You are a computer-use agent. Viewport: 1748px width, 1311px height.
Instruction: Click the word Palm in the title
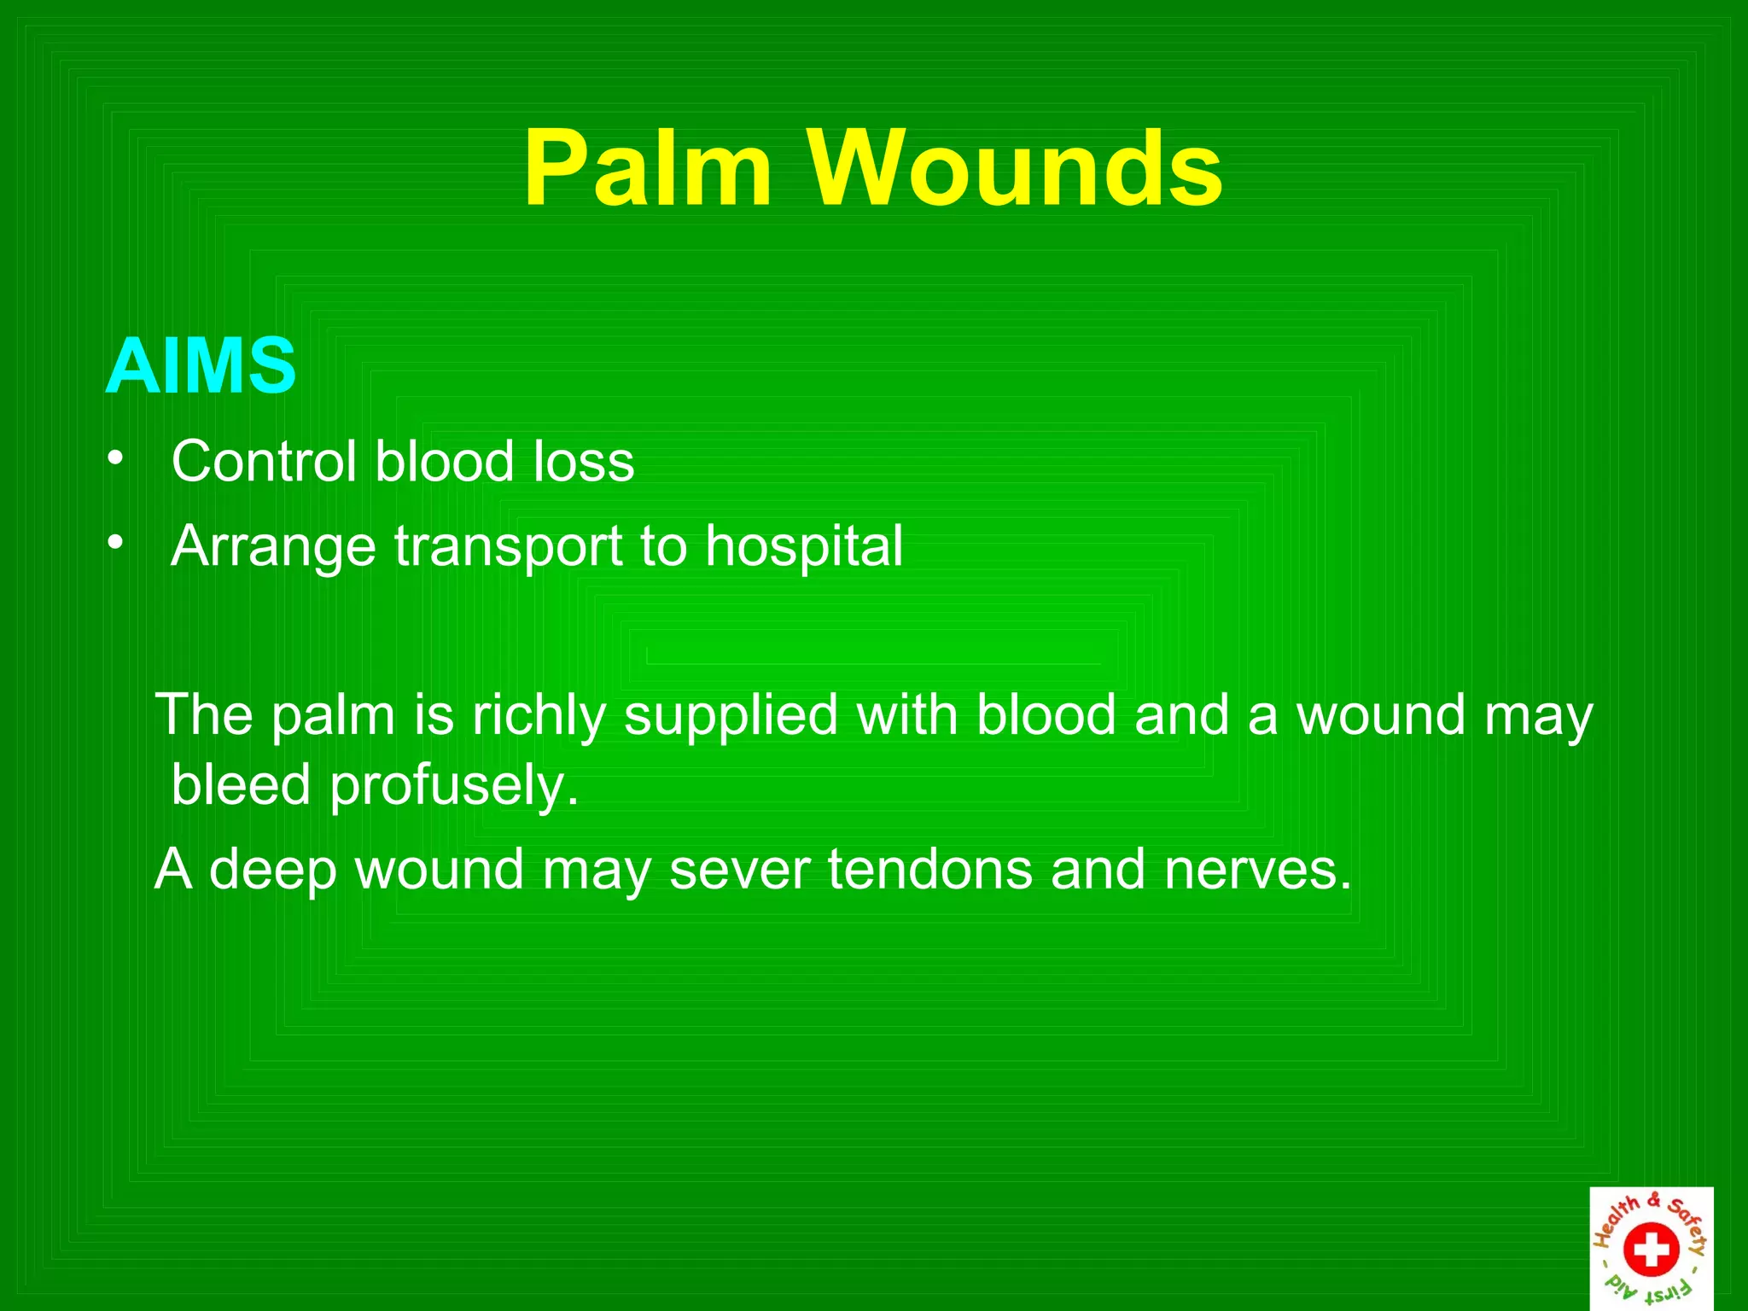click(648, 168)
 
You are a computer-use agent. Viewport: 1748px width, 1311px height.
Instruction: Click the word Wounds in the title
click(1016, 168)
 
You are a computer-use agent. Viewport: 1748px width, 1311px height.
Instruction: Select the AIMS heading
click(201, 366)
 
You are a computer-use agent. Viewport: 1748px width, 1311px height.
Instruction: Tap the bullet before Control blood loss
click(115, 459)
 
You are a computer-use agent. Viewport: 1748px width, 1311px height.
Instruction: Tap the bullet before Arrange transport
click(115, 543)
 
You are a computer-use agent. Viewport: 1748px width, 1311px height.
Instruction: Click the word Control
click(263, 462)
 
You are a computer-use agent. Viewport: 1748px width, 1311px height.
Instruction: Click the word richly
click(539, 715)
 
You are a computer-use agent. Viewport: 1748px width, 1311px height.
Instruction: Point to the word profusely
click(454, 786)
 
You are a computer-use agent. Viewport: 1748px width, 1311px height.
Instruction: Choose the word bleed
click(241, 784)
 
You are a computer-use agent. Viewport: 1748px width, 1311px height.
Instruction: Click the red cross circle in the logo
click(1651, 1249)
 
